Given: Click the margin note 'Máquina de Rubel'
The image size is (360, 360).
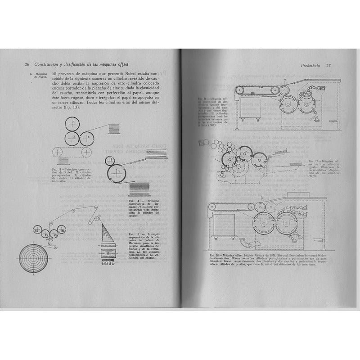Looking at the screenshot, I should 34,76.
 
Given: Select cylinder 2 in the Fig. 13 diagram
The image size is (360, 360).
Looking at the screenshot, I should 72,137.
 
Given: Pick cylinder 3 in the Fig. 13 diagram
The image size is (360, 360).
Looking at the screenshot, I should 88,137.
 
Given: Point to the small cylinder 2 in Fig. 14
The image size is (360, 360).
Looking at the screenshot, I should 111,160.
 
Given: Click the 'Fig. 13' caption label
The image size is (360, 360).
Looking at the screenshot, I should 56,168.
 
